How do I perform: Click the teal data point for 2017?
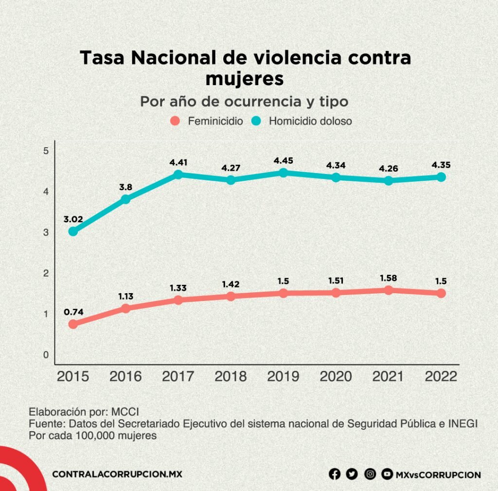coord(178,175)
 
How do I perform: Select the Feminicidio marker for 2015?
coord(73,324)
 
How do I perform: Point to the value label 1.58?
coord(389,278)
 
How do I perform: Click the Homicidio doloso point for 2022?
coord(441,177)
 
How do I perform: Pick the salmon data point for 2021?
coord(389,290)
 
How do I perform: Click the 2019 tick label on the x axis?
coord(283,377)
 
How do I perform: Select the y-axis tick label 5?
coord(46,151)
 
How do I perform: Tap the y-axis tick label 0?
coord(46,355)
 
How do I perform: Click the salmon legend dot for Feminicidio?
coord(176,121)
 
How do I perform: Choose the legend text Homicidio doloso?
coord(310,121)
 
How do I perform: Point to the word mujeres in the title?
coord(244,78)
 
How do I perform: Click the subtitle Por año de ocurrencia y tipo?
coord(244,102)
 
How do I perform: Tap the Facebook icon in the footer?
coord(335,474)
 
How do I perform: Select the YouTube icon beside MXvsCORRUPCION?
coord(387,474)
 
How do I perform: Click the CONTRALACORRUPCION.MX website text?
coord(117,474)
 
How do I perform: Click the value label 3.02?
coord(73,219)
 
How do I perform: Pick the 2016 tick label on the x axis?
coord(125,377)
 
